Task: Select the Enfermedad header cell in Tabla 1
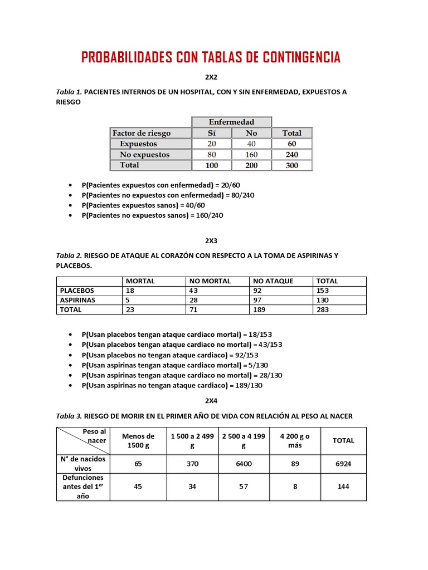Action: pyautogui.click(x=231, y=122)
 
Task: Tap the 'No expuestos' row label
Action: pyautogui.click(x=144, y=154)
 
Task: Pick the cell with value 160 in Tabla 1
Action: pyautogui.click(x=251, y=154)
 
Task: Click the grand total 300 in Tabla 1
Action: pyautogui.click(x=291, y=165)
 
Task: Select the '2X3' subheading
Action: pyautogui.click(x=211, y=241)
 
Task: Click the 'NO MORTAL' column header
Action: pyautogui.click(x=210, y=281)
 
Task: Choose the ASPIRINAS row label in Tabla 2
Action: pyautogui.click(x=77, y=300)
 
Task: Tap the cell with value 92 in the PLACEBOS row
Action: pyautogui.click(x=257, y=291)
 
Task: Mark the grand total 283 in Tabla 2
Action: pyautogui.click(x=323, y=309)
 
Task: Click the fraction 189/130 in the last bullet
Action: pyautogui.click(x=248, y=385)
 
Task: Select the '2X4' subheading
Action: pyautogui.click(x=211, y=400)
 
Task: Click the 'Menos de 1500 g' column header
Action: pyautogui.click(x=138, y=440)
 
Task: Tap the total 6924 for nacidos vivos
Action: pyautogui.click(x=343, y=464)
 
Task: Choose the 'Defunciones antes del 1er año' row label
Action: pyautogui.click(x=82, y=487)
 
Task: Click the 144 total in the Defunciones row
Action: pyautogui.click(x=343, y=487)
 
